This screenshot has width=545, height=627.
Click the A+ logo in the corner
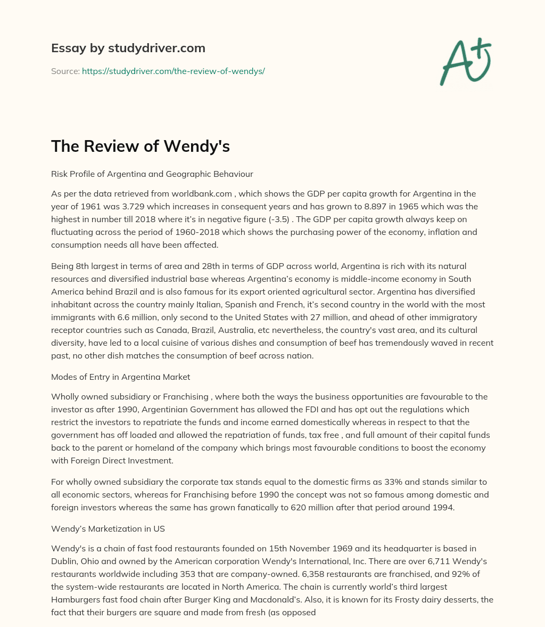point(465,61)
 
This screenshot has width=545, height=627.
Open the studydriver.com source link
point(173,71)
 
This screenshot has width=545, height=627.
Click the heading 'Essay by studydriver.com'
point(128,48)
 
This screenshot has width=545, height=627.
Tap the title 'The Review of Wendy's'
point(140,146)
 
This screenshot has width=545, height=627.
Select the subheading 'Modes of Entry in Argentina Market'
point(120,377)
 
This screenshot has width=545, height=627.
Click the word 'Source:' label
point(65,71)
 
